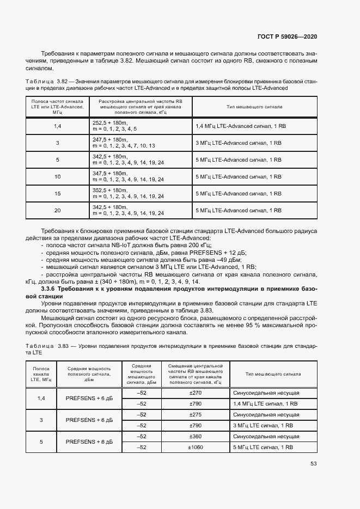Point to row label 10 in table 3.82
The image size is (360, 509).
pyautogui.click(x=57, y=176)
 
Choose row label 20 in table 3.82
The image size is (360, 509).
pyautogui.click(x=57, y=210)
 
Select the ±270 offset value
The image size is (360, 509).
pyautogui.click(x=194, y=393)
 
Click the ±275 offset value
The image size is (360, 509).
pyautogui.click(x=194, y=414)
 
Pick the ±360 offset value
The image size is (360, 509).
pyautogui.click(x=194, y=436)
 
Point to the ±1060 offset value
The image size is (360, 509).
pyautogui.click(x=194, y=447)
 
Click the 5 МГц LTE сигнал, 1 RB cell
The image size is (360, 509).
pyautogui.click(x=263, y=447)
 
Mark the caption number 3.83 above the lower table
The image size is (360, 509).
pyautogui.click(x=65, y=346)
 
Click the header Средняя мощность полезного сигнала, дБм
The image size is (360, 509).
pyautogui.click(x=89, y=375)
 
